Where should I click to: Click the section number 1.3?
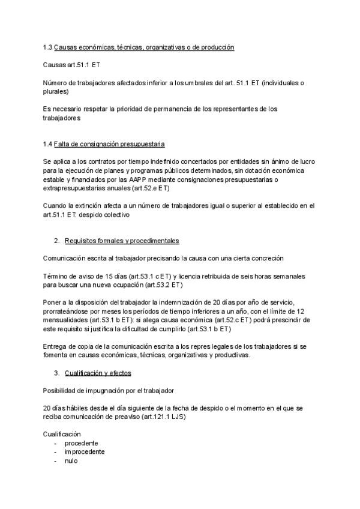click(x=47, y=47)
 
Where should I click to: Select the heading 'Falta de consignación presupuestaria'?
click(x=109, y=145)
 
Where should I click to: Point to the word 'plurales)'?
click(x=56, y=92)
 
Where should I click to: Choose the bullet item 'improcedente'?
click(x=85, y=451)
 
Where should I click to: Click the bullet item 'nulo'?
click(x=71, y=460)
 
